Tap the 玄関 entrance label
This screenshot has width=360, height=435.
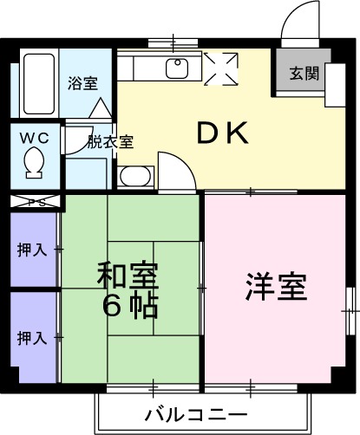click(x=303, y=74)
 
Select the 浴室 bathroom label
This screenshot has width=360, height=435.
click(x=82, y=84)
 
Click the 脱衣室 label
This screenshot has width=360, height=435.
click(x=110, y=142)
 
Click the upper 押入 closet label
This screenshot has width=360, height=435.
click(x=32, y=250)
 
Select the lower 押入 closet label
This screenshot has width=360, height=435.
click(x=32, y=336)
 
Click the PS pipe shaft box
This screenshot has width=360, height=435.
click(x=36, y=202)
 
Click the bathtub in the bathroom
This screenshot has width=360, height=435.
click(x=38, y=84)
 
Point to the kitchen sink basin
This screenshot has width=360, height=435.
click(x=179, y=69)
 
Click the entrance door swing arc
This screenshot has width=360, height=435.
click(x=299, y=19)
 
